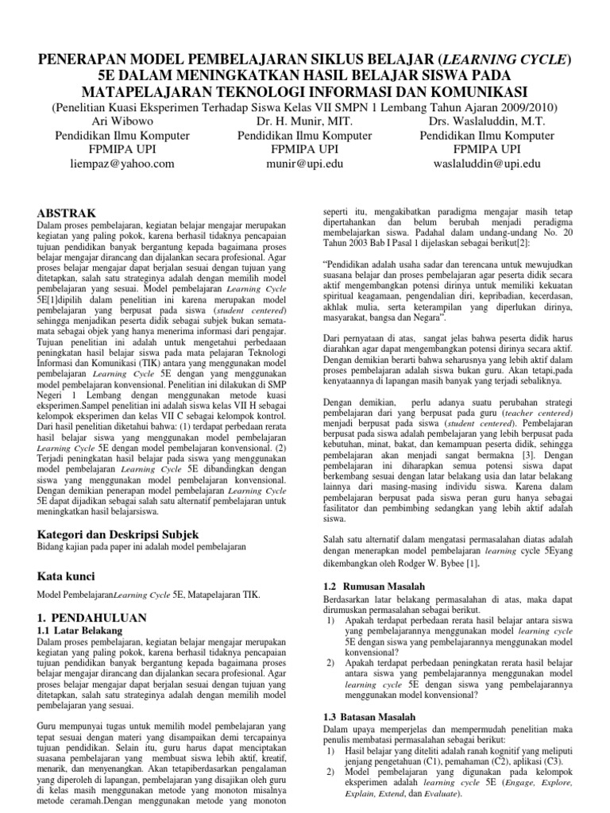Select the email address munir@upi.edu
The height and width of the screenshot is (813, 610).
(305, 164)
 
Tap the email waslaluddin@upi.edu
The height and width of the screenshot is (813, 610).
(487, 164)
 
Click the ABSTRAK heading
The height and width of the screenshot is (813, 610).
(68, 213)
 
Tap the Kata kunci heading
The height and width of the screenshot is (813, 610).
(69, 574)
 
